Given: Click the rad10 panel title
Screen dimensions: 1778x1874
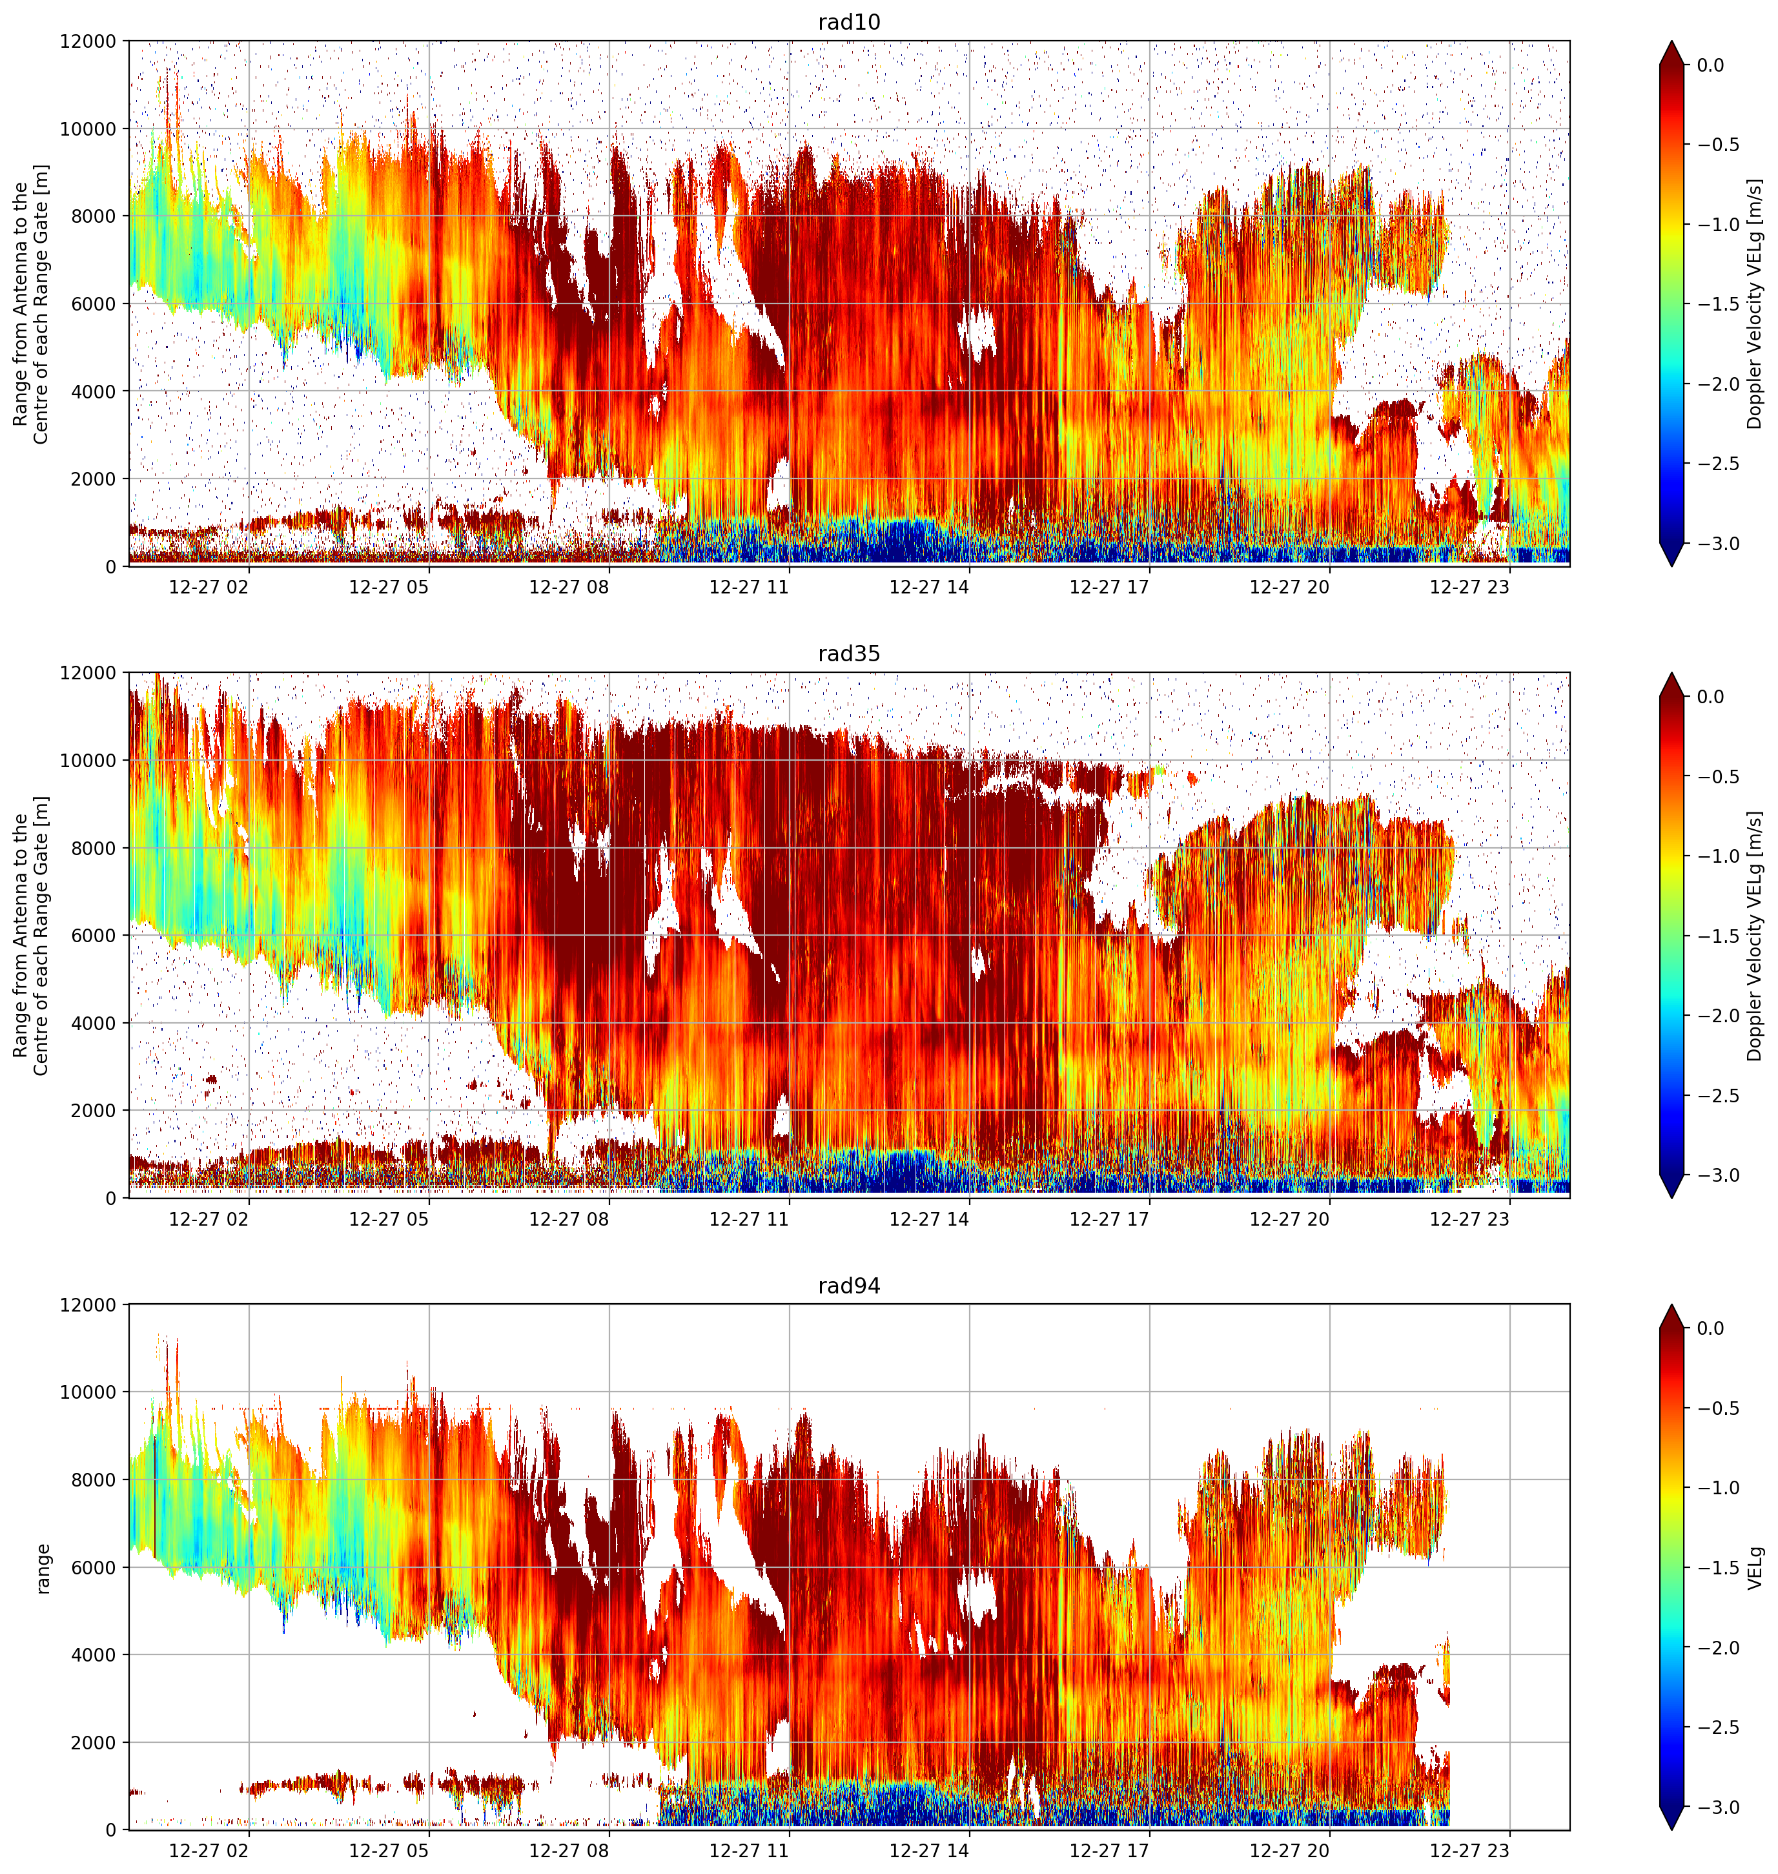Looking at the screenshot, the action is tap(849, 22).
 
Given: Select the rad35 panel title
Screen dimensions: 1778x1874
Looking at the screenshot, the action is tap(849, 654).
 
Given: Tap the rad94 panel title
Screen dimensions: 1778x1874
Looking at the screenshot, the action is tap(849, 1286).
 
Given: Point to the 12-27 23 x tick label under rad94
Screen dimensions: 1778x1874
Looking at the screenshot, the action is tap(1469, 1850).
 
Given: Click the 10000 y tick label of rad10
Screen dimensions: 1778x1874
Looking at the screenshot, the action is tap(88, 129).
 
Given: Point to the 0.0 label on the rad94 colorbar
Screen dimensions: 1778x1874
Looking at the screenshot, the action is tap(1724, 1329).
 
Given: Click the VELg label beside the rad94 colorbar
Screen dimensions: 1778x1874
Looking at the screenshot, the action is tap(1756, 1569).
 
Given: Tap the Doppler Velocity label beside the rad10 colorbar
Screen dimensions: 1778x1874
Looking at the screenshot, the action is tap(1756, 304).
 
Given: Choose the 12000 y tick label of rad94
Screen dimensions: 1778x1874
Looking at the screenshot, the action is tap(88, 1305).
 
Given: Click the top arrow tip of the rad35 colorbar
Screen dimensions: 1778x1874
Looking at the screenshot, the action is tap(1672, 674).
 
